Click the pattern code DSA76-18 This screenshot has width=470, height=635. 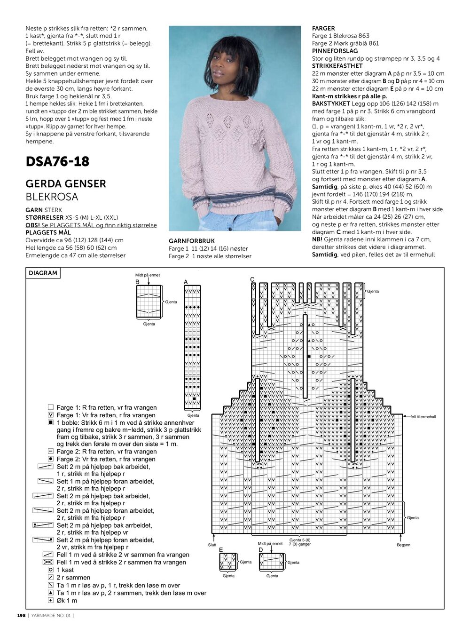click(x=57, y=161)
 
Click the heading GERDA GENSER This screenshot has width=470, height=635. click(x=66, y=183)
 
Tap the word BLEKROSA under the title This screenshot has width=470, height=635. click(x=52, y=197)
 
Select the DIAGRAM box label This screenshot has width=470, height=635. click(x=43, y=273)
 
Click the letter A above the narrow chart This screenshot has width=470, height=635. click(x=186, y=282)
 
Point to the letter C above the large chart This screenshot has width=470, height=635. click(x=252, y=280)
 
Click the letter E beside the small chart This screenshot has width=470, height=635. click(x=221, y=550)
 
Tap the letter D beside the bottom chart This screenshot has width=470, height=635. click(x=261, y=550)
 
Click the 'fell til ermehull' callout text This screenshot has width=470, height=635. click(x=423, y=417)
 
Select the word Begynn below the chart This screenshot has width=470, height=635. click(x=403, y=545)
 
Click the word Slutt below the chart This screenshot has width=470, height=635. click(x=212, y=545)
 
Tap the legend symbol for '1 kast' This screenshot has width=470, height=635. click(x=51, y=570)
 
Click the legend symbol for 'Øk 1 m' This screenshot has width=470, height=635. click(x=51, y=600)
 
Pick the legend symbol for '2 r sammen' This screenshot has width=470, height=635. click(x=51, y=577)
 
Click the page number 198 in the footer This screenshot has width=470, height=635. click(x=21, y=616)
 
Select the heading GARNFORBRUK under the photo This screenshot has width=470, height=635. click(x=192, y=241)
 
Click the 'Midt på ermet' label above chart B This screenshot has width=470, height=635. click(x=148, y=275)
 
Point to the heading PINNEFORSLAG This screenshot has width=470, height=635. click(x=335, y=51)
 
